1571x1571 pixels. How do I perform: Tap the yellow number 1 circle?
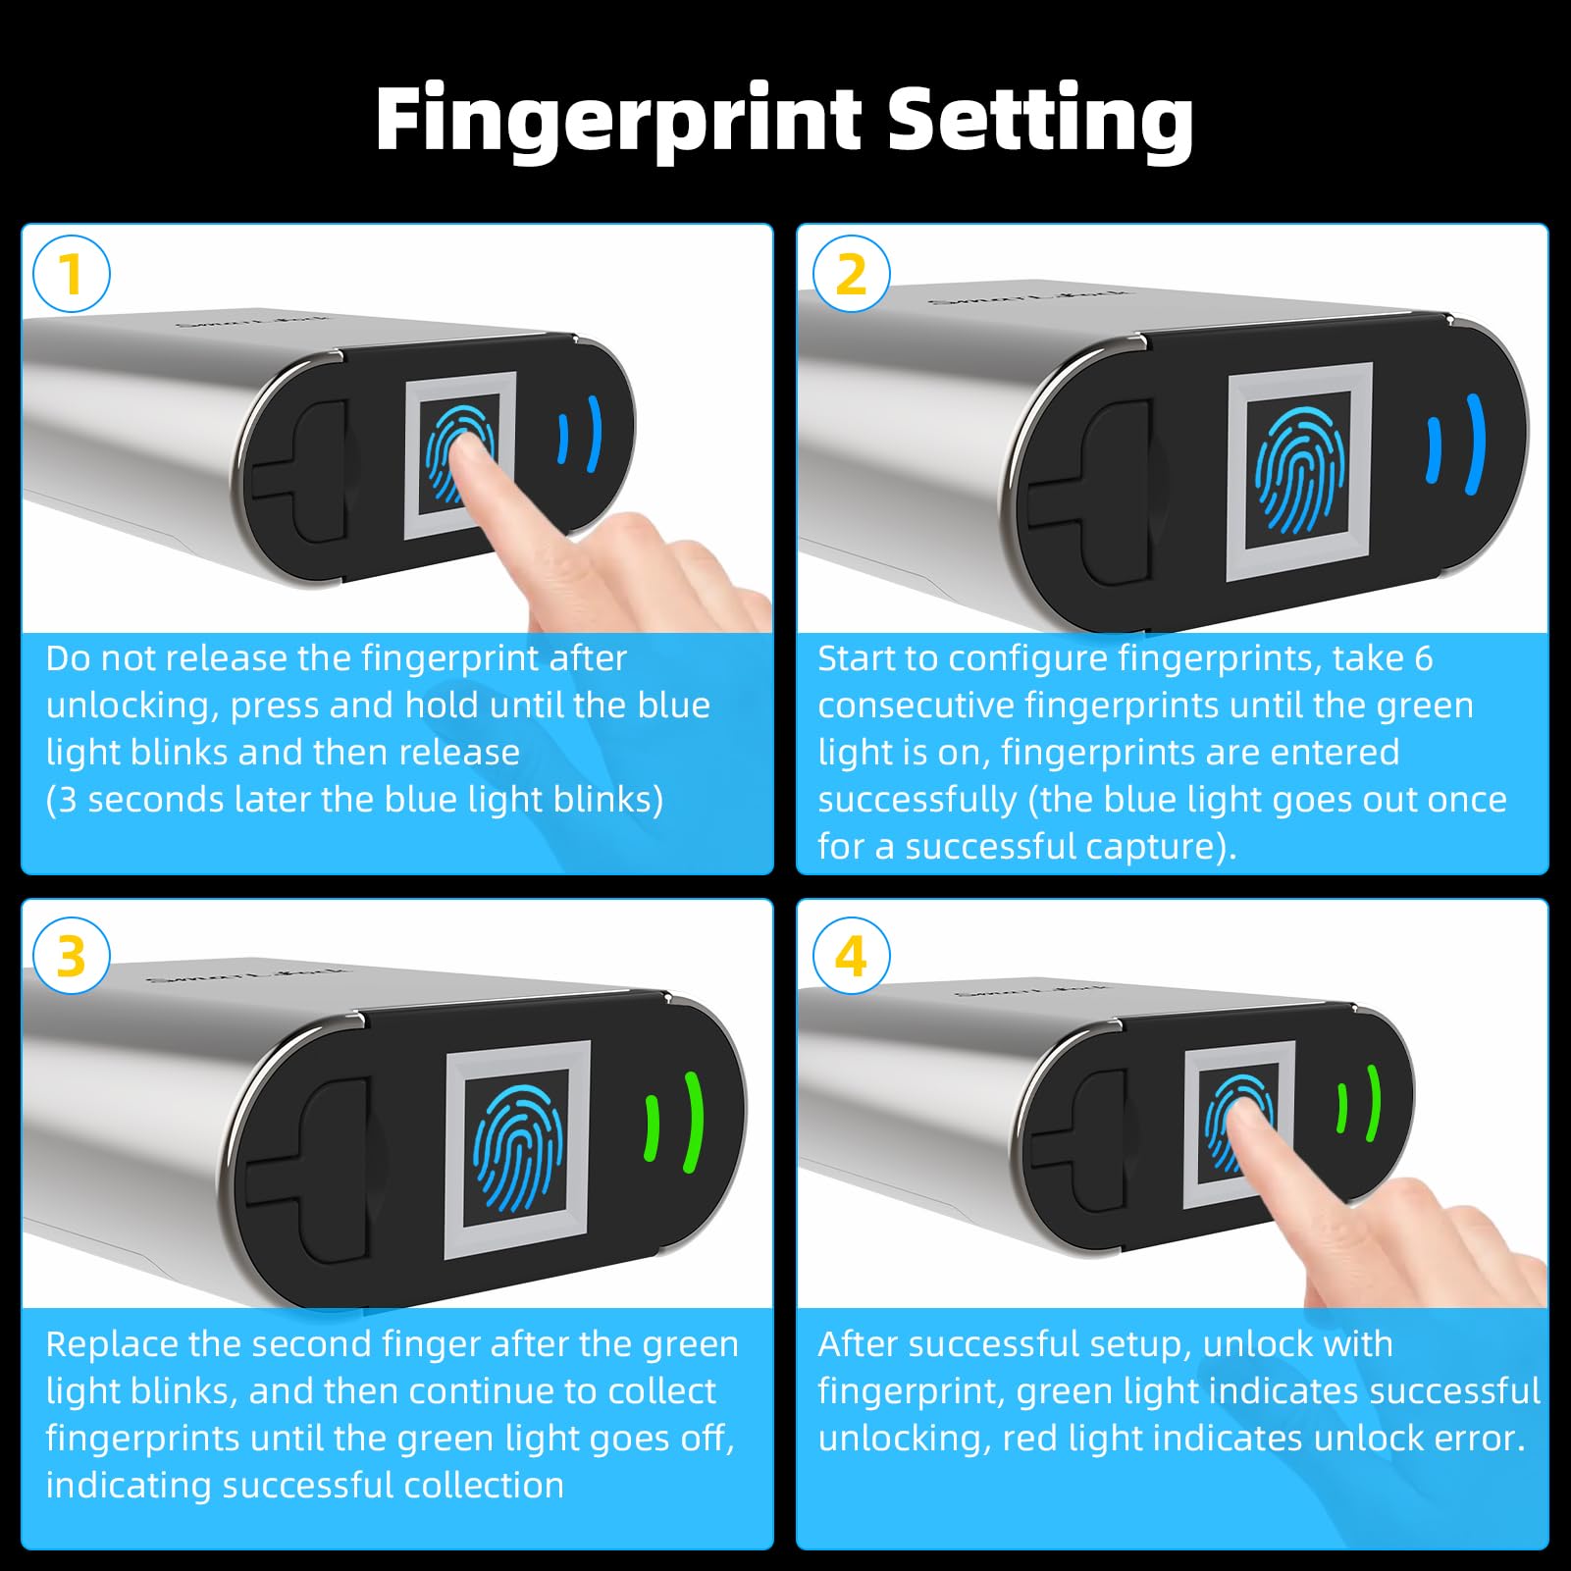tap(71, 274)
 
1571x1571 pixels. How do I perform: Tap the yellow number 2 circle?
tap(852, 274)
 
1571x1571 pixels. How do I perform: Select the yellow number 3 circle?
tap(71, 956)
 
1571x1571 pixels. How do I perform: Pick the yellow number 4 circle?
tap(852, 956)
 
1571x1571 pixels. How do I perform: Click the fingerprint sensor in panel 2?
tap(1300, 471)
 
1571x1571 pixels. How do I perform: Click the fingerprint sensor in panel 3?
tap(517, 1148)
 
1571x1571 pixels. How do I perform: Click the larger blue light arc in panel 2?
tap(1475, 444)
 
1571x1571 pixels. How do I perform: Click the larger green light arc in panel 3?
tap(693, 1122)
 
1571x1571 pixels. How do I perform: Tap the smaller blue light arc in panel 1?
tap(563, 438)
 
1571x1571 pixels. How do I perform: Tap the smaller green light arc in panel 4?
tap(1342, 1109)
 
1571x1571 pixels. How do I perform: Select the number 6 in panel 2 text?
tap(1423, 658)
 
